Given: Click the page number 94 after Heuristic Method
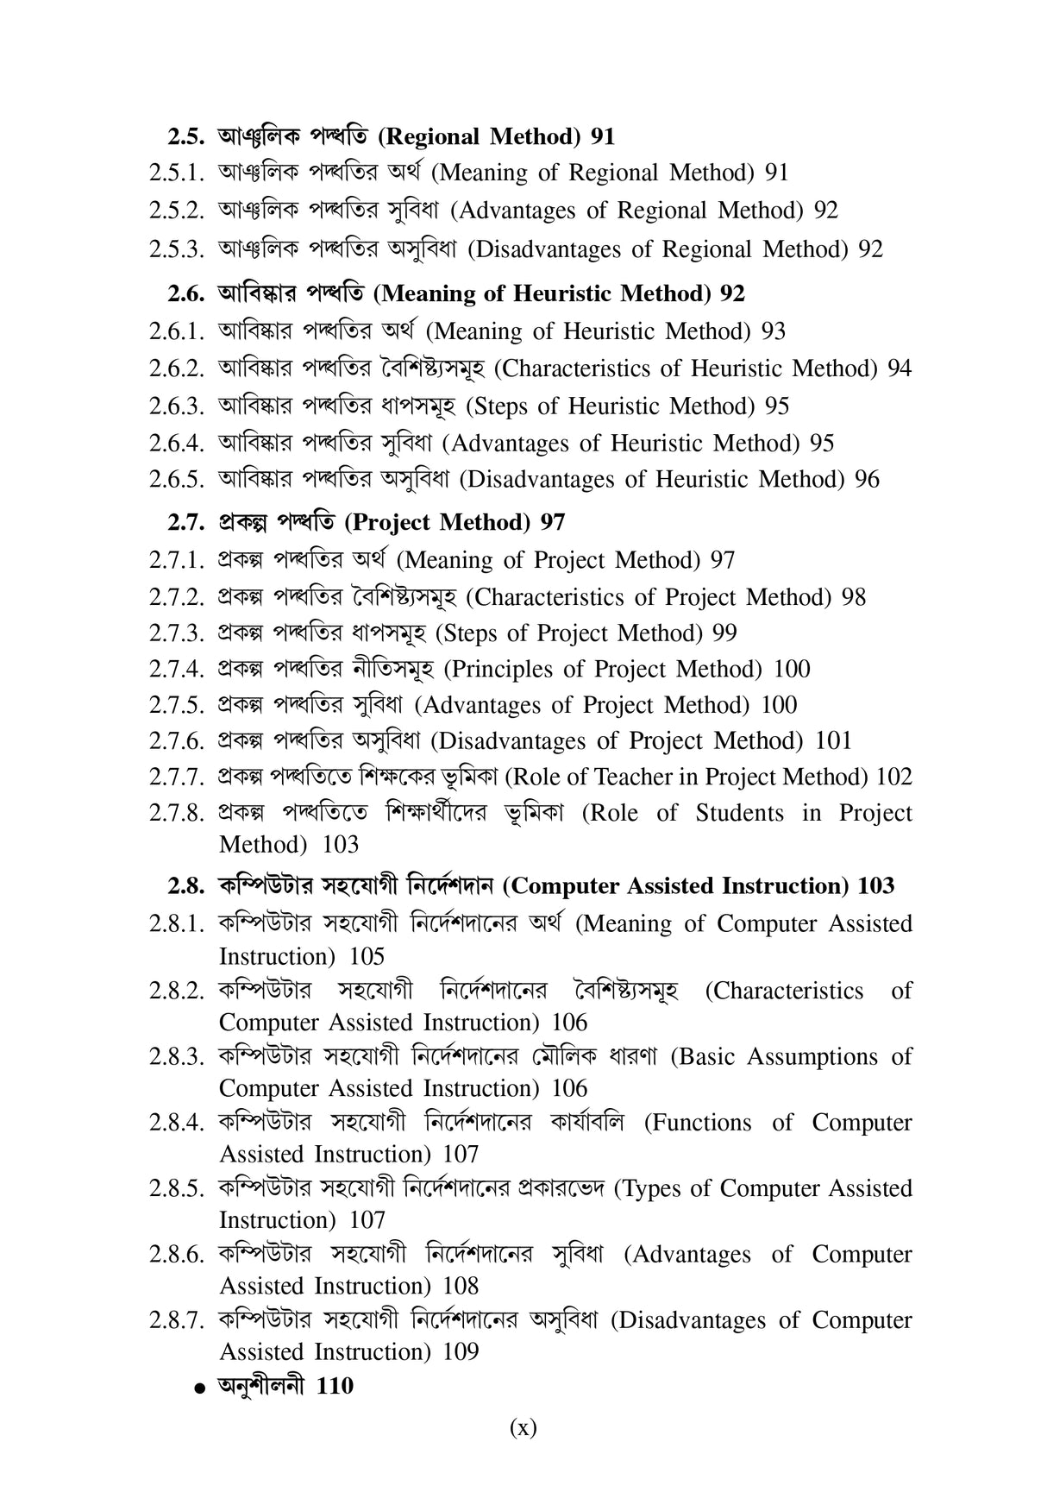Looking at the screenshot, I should tap(899, 368).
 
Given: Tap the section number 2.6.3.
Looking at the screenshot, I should tap(176, 406).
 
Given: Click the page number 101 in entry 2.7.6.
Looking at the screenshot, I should tap(833, 740).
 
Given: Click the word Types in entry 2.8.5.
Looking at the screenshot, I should tap(652, 1188).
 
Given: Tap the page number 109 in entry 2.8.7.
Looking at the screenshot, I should tap(461, 1351).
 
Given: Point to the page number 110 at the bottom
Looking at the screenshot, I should tap(335, 1386).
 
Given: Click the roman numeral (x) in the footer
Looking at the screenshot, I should tap(523, 1427).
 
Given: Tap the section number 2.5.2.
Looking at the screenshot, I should tap(176, 211).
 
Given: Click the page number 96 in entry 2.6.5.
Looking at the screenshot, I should tap(867, 479).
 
